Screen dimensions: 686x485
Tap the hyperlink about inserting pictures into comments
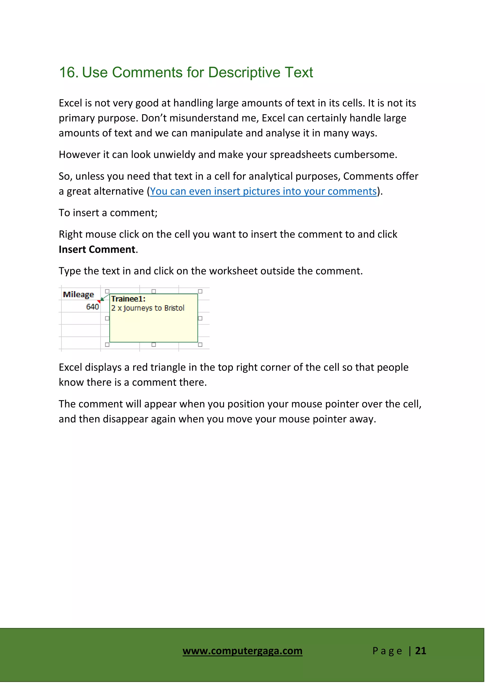coord(263,191)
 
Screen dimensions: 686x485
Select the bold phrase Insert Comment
coord(97,250)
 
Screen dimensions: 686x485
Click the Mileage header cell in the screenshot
coord(78,295)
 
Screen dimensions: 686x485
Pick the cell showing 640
coord(92,307)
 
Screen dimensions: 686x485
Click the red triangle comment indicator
coord(99,301)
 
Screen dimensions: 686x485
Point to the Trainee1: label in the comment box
coord(128,299)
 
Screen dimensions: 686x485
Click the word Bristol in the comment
coord(174,308)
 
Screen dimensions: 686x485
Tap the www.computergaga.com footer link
coord(242,651)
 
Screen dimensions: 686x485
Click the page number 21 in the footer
coord(421,651)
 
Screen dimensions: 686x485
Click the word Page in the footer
coord(387,651)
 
